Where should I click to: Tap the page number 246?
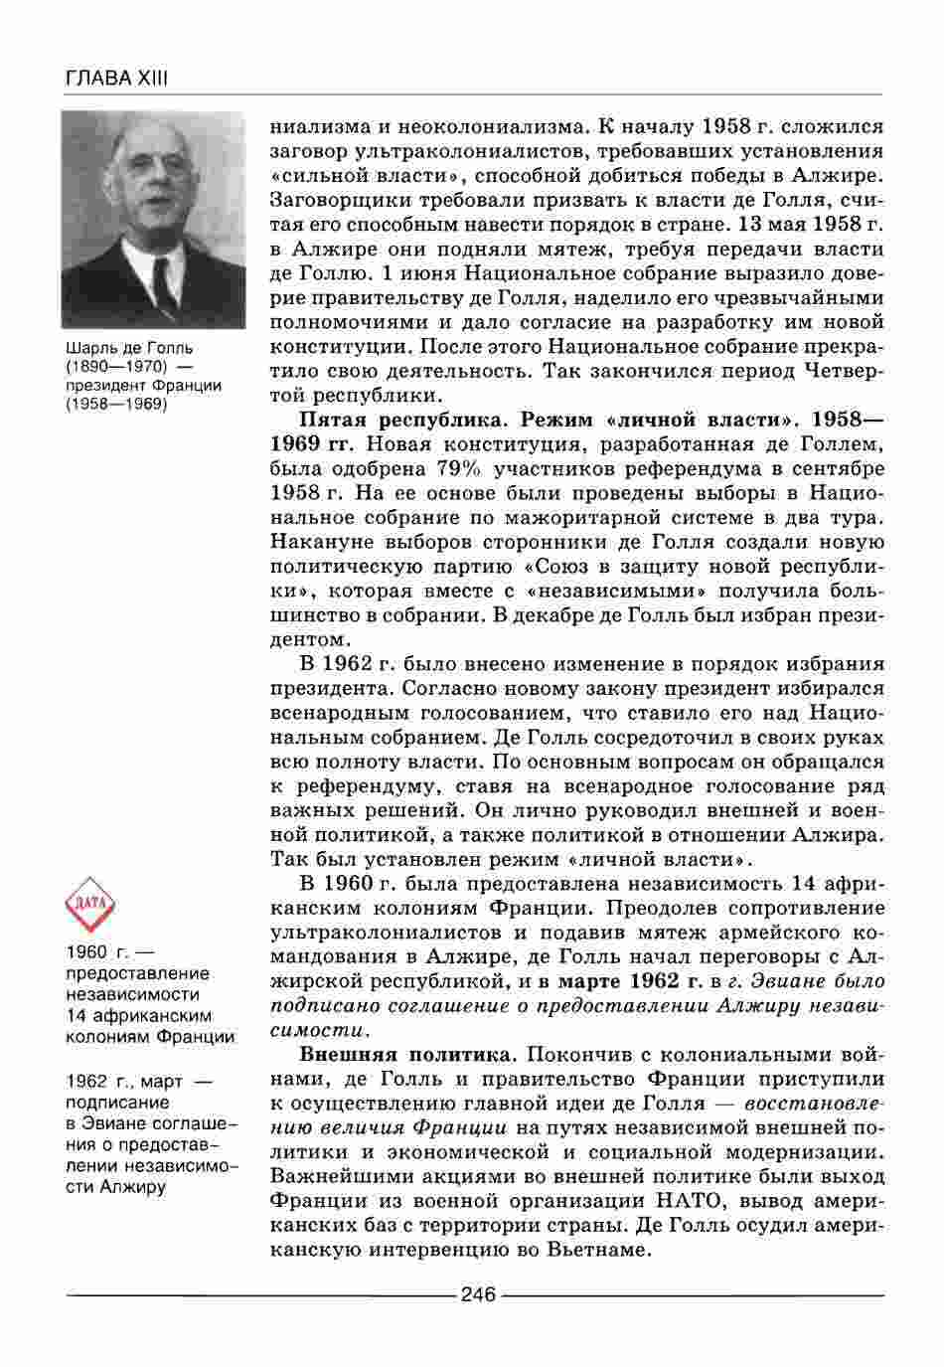[x=478, y=1294]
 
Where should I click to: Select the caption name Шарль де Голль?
[x=129, y=349]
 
